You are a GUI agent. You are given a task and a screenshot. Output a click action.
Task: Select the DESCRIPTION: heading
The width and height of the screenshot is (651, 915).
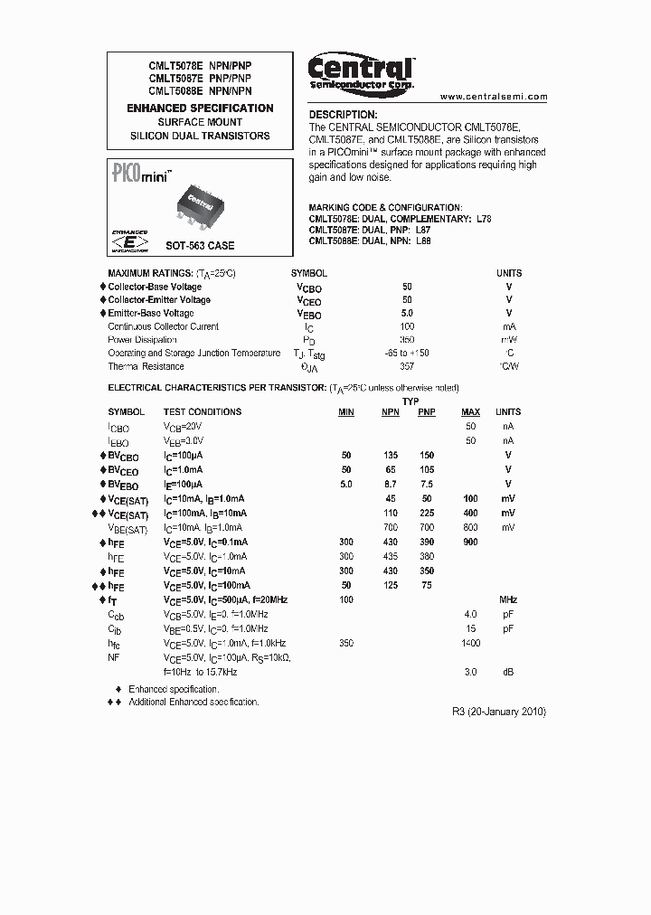click(343, 115)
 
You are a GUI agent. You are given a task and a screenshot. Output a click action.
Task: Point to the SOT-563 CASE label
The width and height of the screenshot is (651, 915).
click(199, 246)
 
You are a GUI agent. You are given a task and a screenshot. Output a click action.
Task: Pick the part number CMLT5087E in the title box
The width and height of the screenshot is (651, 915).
click(170, 79)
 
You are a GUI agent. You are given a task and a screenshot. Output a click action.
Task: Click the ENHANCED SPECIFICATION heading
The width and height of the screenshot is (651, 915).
click(200, 108)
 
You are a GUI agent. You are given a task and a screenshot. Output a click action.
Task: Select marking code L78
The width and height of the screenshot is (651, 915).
click(484, 220)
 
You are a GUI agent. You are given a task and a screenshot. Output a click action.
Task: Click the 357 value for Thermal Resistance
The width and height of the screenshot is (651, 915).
click(407, 366)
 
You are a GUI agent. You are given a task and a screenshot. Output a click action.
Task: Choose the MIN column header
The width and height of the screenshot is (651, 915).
click(346, 412)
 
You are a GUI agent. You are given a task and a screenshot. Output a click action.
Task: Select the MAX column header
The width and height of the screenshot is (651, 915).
click(470, 412)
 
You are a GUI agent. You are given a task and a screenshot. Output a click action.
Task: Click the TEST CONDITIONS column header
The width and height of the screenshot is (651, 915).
click(202, 412)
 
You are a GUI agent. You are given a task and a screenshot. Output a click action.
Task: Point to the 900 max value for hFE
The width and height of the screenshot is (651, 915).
click(470, 542)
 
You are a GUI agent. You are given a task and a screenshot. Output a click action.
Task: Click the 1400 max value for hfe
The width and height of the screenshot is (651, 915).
click(470, 643)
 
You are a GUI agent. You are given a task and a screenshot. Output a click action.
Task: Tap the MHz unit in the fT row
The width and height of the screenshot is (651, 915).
click(508, 599)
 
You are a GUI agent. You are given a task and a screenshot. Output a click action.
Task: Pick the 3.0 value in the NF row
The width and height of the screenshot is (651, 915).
click(470, 673)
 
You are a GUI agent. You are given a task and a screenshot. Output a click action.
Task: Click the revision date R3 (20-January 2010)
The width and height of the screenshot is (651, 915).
click(498, 712)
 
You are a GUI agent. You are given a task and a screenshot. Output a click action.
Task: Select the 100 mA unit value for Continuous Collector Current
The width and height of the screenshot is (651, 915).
click(407, 326)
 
